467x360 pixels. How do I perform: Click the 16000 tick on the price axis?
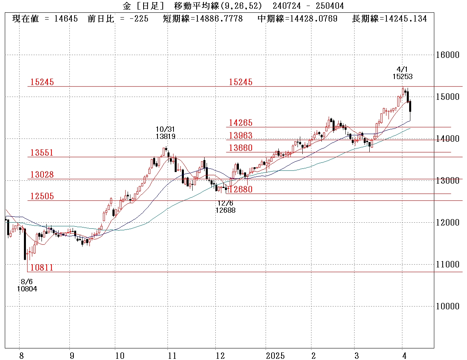point(447,55)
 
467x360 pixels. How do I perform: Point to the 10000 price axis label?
point(447,306)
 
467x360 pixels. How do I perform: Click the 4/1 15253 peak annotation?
point(402,73)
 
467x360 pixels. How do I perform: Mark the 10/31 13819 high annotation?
point(166,133)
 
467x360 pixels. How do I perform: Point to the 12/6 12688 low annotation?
point(225,206)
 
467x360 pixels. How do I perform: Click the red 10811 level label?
point(42,267)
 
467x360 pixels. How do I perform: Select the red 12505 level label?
point(42,196)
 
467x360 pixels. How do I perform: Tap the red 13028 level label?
point(42,174)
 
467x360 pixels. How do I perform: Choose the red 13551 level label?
point(42,153)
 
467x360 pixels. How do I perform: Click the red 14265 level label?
point(240,123)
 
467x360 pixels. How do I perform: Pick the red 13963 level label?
point(240,135)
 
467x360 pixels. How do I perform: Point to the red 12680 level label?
point(240,189)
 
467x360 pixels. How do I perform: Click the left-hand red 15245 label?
point(42,82)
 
